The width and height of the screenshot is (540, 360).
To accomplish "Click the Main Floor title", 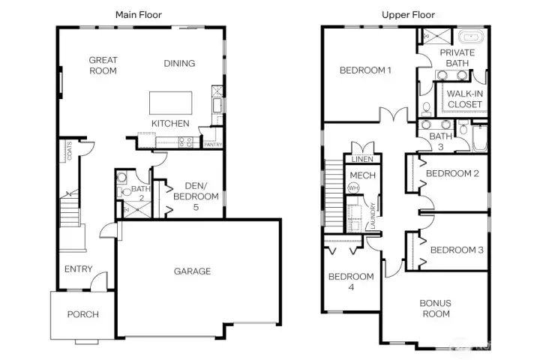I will [x=138, y=14].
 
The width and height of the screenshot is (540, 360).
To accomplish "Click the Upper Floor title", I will [x=408, y=14].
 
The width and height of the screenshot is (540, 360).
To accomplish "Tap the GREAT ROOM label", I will [x=103, y=65].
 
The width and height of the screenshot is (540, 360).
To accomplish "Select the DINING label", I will [x=179, y=63].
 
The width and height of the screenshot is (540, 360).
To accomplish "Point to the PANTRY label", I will [x=213, y=144].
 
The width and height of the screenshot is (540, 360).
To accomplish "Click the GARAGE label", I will [x=193, y=271].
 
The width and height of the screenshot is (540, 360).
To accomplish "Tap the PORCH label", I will [x=82, y=314].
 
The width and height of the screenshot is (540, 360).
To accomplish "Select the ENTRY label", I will [x=78, y=269].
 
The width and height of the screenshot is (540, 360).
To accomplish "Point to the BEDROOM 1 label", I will [x=365, y=70].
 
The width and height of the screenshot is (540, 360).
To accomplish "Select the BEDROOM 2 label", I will [x=452, y=174].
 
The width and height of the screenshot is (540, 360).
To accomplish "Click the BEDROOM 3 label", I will [x=457, y=250].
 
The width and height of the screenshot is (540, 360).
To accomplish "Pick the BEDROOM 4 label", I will [x=350, y=281].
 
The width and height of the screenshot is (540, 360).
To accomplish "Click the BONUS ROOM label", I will [x=434, y=308].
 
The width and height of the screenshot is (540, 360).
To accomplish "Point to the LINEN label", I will [x=357, y=159].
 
